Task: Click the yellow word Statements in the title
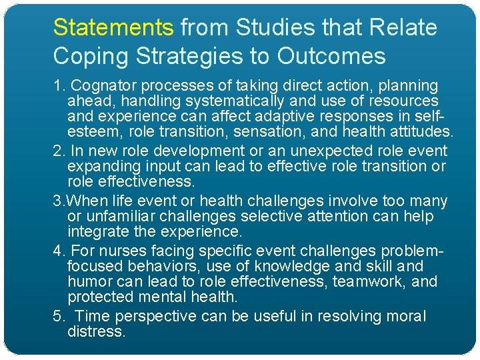point(113,28)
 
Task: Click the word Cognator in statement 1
point(101,86)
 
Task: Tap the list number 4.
point(57,251)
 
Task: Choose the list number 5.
point(57,316)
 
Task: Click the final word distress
point(96,331)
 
